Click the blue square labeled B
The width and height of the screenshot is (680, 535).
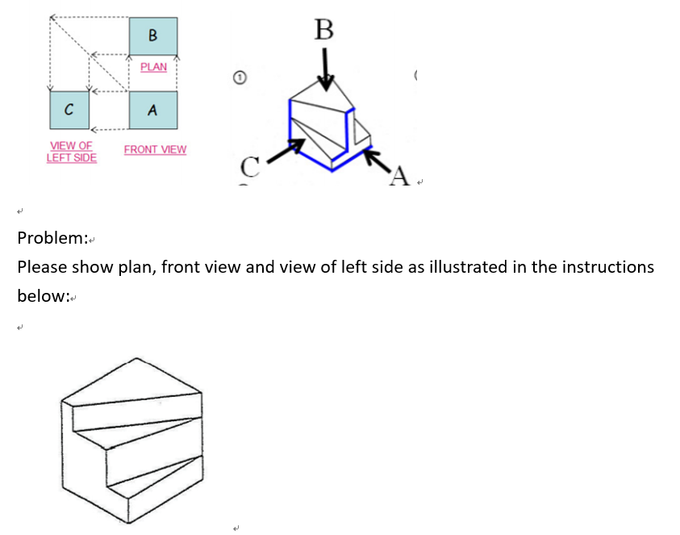point(153,36)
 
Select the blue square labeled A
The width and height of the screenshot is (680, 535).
point(153,109)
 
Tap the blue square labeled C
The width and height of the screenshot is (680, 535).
point(69,109)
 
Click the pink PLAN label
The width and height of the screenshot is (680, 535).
point(153,67)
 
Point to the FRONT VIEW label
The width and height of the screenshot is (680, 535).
point(155,149)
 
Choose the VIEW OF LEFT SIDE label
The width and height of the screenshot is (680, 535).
point(71,151)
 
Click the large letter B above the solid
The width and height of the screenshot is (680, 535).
point(324,30)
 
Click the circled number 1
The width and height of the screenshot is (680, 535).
point(239,77)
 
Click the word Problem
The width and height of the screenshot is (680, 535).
point(52,238)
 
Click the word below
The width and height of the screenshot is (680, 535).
point(43,296)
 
